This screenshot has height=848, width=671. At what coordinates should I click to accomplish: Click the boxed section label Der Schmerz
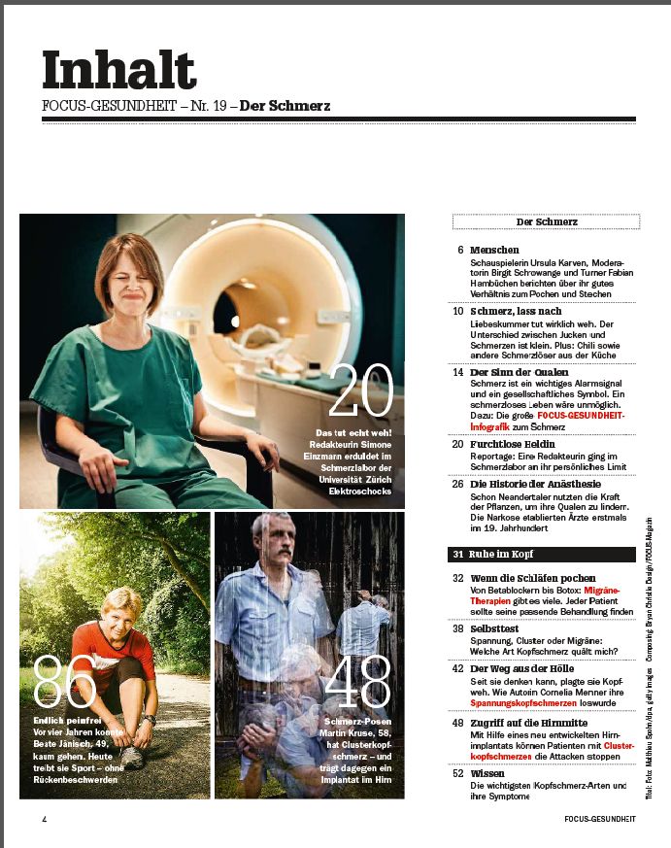coord(546,222)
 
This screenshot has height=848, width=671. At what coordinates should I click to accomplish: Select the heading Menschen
coord(494,251)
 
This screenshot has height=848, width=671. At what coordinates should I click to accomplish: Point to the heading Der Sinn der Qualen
coord(520,372)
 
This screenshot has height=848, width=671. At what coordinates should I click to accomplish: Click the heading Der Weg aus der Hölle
coord(521,669)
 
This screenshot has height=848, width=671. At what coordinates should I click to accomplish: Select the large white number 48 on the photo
coord(357,681)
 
